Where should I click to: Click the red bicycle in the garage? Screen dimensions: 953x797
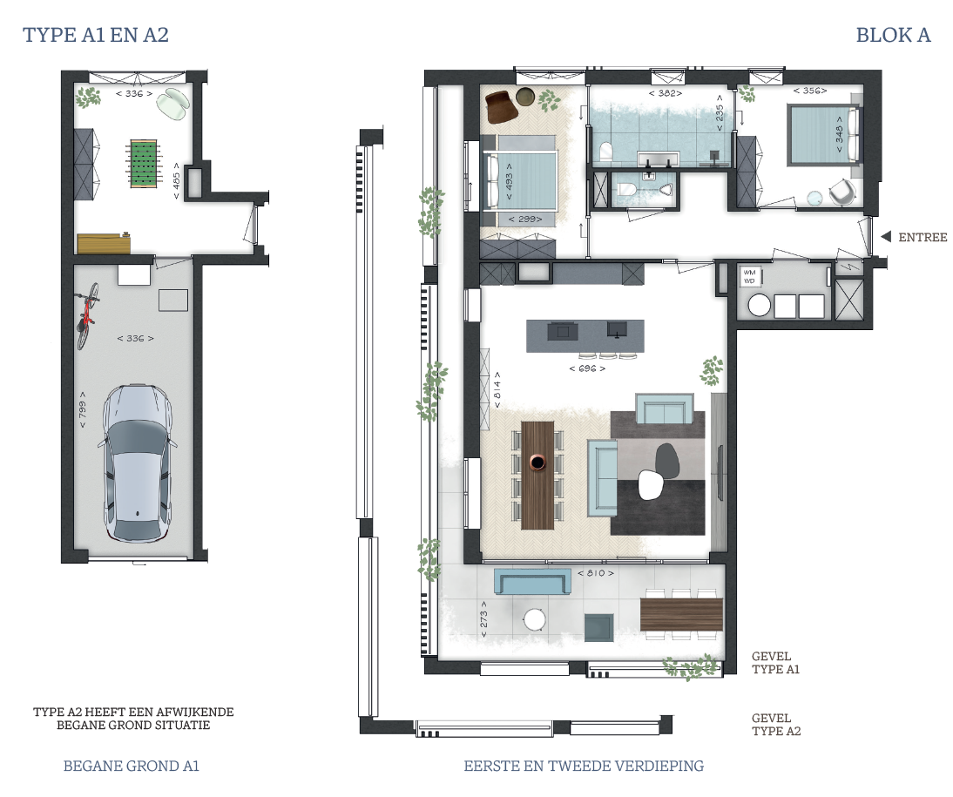(x=87, y=315)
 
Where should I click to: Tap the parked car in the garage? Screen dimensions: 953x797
(x=137, y=463)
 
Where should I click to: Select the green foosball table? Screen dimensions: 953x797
(x=144, y=163)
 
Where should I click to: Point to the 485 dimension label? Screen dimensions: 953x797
(x=176, y=181)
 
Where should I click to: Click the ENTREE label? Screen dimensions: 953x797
(x=923, y=237)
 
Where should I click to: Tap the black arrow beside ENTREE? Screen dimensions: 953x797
(x=886, y=236)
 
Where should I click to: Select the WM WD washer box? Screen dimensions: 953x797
(x=749, y=277)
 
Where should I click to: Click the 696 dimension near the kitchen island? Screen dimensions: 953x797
(x=587, y=368)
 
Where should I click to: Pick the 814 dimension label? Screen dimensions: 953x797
(x=497, y=390)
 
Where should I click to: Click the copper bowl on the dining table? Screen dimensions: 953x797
(x=537, y=463)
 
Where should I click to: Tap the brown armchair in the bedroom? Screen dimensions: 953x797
(x=502, y=105)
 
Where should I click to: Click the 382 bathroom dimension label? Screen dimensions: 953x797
(x=666, y=93)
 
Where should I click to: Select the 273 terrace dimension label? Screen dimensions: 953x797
(x=483, y=619)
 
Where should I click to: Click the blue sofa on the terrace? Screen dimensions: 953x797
(x=532, y=583)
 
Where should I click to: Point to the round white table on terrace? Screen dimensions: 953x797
(x=535, y=620)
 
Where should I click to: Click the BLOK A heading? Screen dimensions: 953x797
(x=893, y=35)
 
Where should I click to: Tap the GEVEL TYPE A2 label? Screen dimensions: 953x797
(x=776, y=725)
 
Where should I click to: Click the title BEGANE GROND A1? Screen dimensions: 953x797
(x=132, y=766)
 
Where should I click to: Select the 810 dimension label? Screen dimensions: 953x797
(x=596, y=573)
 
